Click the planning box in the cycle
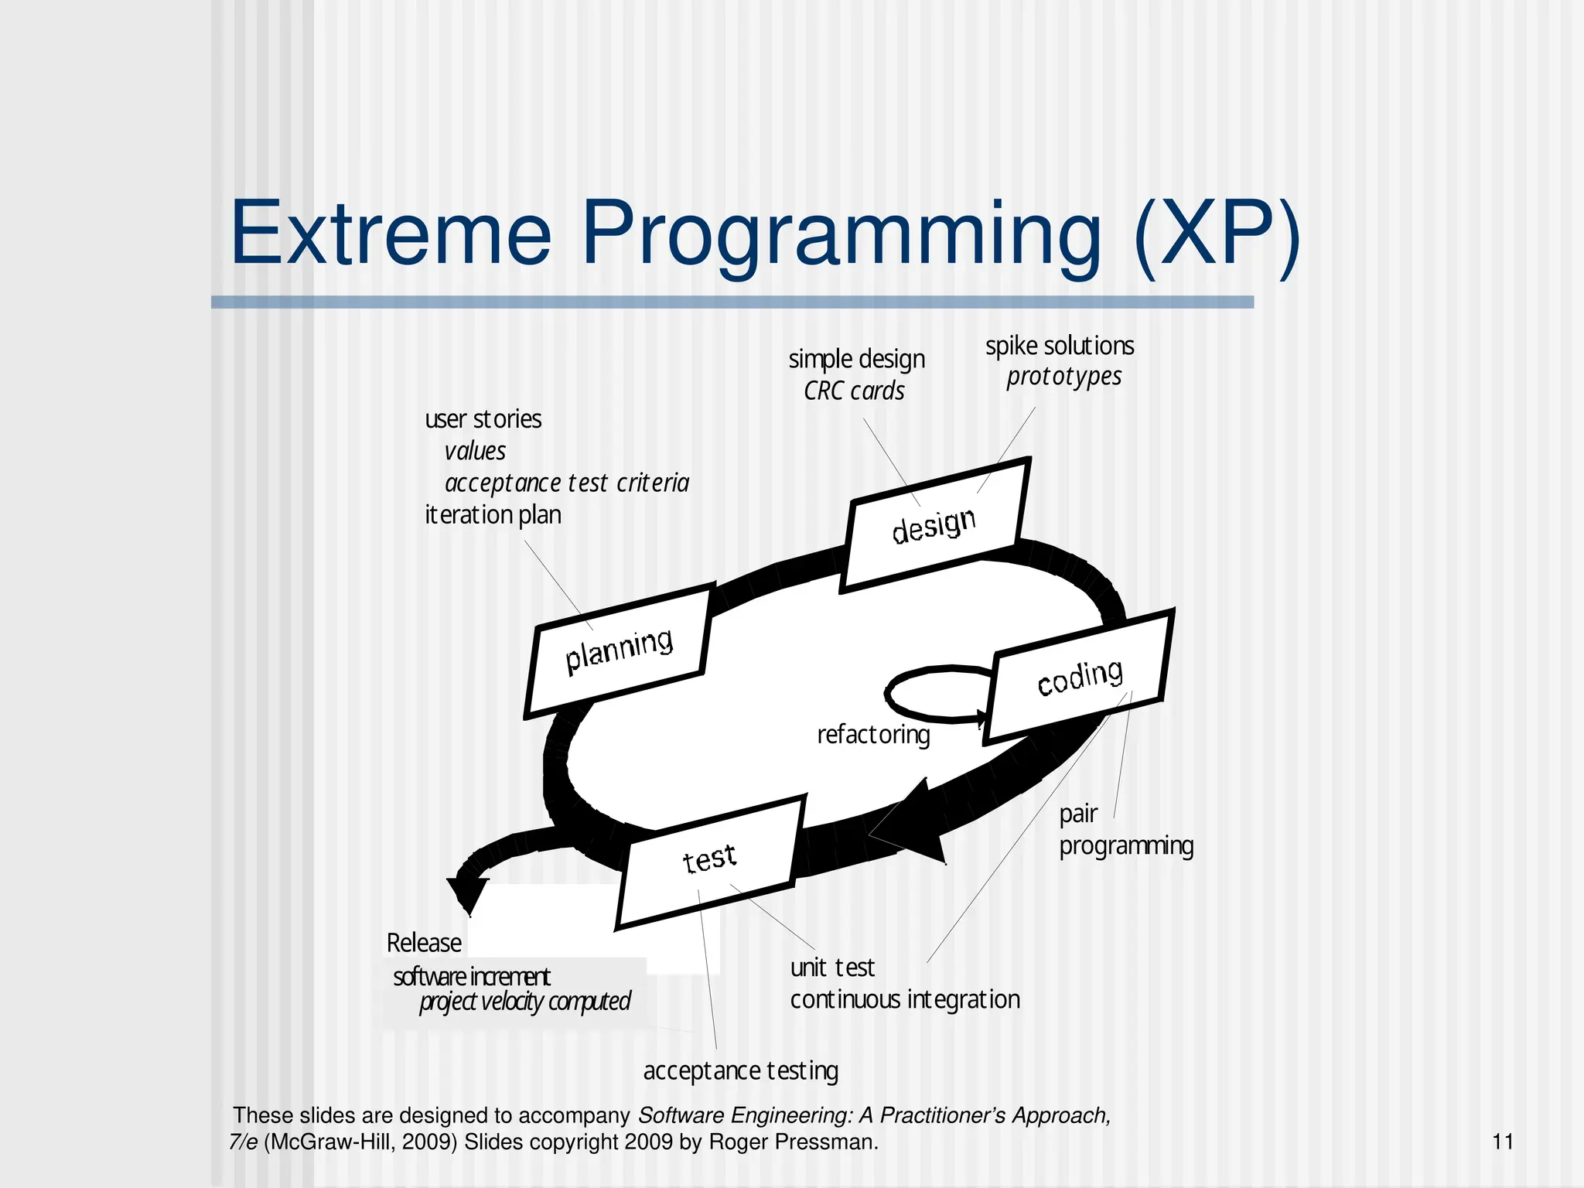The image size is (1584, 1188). (618, 651)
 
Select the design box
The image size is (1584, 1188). (934, 526)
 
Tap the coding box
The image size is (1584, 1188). (1080, 677)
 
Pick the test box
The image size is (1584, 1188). (709, 860)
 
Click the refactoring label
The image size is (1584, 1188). (873, 734)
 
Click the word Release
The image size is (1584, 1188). (424, 943)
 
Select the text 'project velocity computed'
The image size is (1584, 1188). (524, 1002)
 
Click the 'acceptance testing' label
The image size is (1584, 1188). (740, 1071)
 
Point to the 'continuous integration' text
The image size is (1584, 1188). (905, 999)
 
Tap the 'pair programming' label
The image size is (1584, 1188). (1125, 831)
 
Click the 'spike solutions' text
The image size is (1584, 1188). (1060, 346)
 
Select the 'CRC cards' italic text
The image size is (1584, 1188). (854, 391)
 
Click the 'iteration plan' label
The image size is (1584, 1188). (493, 514)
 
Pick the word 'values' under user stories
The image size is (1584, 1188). (475, 451)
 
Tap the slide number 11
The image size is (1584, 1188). (1502, 1142)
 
